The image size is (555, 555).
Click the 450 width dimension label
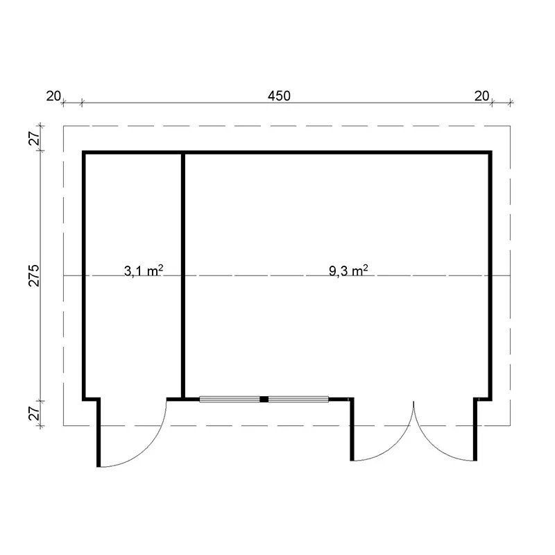(279, 96)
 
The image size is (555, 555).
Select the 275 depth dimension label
(34, 275)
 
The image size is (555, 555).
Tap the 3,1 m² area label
(144, 271)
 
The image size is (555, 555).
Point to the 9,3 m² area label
(348, 271)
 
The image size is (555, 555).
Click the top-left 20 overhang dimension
(53, 96)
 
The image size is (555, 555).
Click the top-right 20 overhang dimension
(481, 96)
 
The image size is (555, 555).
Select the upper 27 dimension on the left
(34, 138)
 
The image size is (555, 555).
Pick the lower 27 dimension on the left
(34, 413)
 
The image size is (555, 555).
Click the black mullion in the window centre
(264, 400)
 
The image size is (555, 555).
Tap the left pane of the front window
(230, 400)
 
